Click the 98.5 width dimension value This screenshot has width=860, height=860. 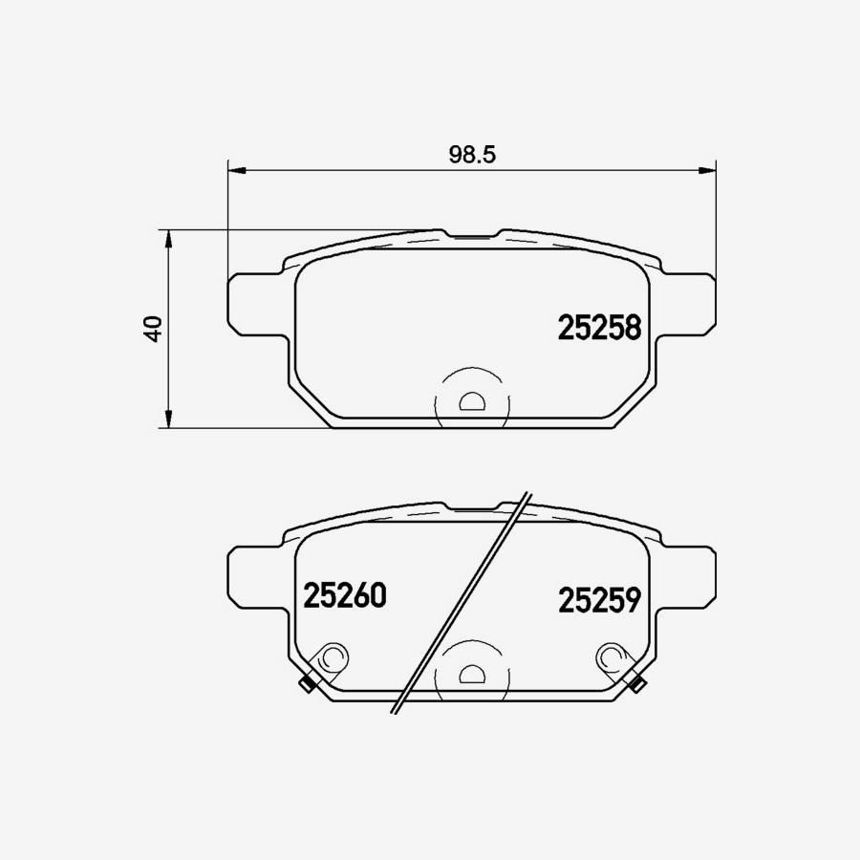click(470, 155)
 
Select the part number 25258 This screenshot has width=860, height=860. click(598, 329)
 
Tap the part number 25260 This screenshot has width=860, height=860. click(344, 595)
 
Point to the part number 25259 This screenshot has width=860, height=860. click(598, 600)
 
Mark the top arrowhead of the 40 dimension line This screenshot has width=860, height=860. click(168, 238)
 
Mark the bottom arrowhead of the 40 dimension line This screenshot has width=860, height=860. click(168, 419)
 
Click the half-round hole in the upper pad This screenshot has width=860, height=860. click(471, 402)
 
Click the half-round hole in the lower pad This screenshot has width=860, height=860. click(471, 675)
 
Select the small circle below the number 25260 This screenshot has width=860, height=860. click(333, 657)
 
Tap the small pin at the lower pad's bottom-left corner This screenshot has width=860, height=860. click(307, 683)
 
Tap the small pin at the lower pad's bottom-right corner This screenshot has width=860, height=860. click(636, 683)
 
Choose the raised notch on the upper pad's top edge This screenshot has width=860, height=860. click(470, 232)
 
